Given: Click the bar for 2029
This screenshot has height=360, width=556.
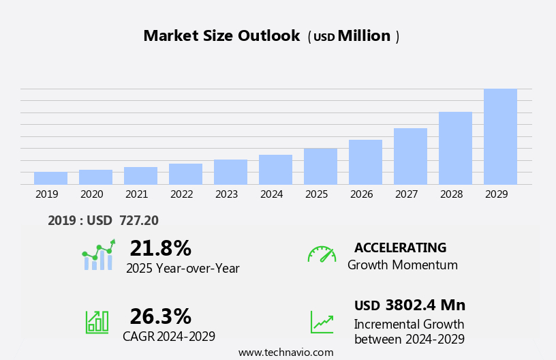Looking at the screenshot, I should click(500, 136).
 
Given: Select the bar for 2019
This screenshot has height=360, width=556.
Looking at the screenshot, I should click(50, 178).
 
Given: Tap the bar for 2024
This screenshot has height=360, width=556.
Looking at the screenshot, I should click(275, 170).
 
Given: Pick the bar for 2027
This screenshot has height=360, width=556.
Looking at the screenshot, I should click(410, 156).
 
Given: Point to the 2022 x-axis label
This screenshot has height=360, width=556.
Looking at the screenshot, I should click(181, 194).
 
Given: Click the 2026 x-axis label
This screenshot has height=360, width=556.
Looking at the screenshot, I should click(361, 194).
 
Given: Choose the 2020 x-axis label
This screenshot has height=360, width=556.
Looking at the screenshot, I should click(91, 194).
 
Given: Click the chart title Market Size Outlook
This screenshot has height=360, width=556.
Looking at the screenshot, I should click(221, 36).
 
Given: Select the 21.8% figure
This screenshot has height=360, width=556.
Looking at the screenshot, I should click(160, 248).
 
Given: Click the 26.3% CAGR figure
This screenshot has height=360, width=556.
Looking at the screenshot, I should click(160, 316).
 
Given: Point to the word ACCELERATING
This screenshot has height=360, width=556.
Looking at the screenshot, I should click(400, 247).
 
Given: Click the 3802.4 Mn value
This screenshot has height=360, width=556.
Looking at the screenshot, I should click(425, 305).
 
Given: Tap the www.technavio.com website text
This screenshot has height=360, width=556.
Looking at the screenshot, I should click(285, 352).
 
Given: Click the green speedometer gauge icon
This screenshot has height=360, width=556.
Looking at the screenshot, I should click(322, 254).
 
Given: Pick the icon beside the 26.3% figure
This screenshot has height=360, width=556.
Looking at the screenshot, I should click(97, 321).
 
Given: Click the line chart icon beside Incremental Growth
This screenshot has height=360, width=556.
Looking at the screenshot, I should click(322, 322).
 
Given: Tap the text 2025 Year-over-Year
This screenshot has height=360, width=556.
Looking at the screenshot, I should click(183, 269).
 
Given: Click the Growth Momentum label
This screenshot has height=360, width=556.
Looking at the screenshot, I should click(402, 265).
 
